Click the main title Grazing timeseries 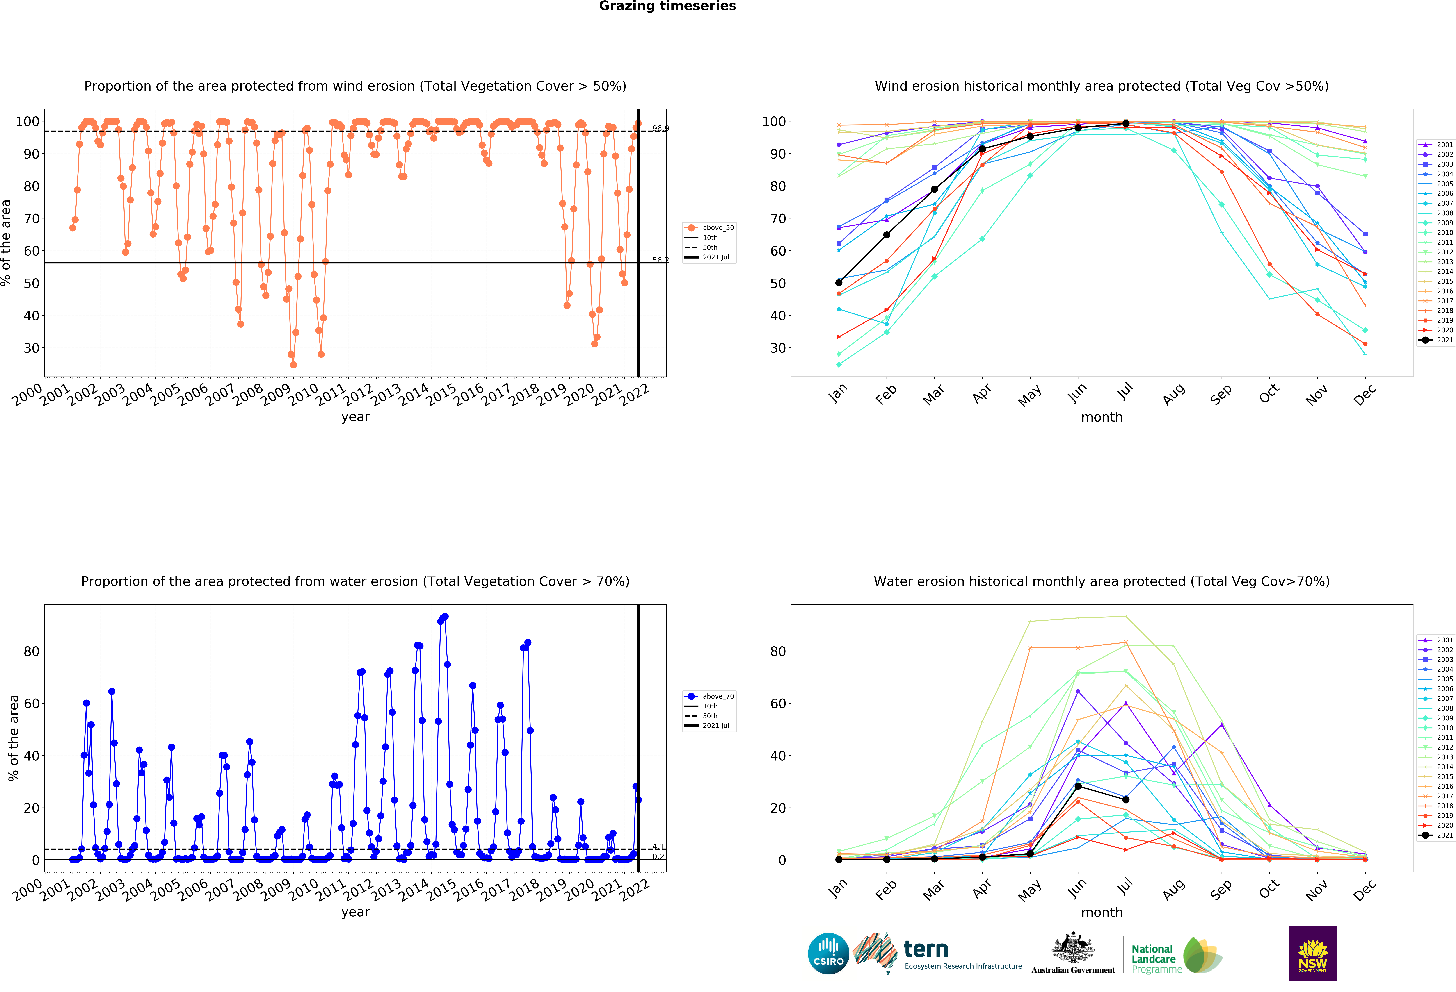[x=667, y=6]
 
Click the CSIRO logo [x=828, y=954]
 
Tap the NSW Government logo [x=1312, y=953]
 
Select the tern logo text [x=926, y=949]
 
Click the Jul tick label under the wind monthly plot [x=1125, y=391]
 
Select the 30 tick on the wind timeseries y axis [x=31, y=348]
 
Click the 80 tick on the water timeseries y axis [x=31, y=651]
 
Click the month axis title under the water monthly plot [x=1101, y=913]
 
